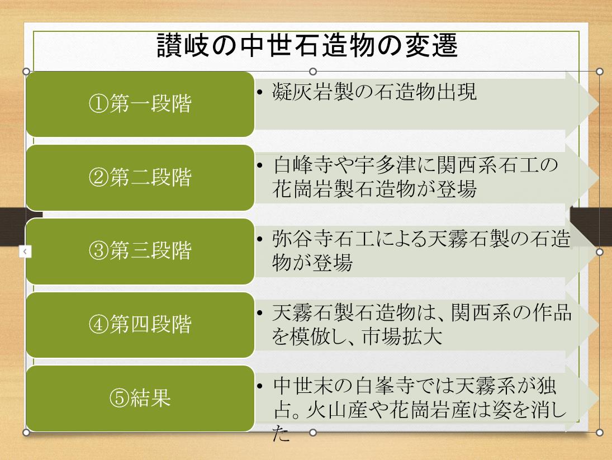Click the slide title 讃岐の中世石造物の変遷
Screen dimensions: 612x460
click(x=307, y=45)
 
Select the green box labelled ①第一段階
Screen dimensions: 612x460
click(x=140, y=104)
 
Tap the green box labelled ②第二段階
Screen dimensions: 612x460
click(x=140, y=178)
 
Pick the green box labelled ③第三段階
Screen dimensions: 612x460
click(x=140, y=251)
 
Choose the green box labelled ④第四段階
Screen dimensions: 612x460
click(x=140, y=325)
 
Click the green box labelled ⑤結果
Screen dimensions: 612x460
click(x=140, y=399)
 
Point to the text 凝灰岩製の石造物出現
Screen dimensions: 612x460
click(x=374, y=92)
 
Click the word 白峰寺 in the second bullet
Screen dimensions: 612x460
click(x=303, y=165)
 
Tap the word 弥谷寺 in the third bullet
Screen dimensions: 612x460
click(x=303, y=239)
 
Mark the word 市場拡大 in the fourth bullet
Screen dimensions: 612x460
click(x=402, y=336)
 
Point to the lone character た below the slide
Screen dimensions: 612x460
click(x=281, y=433)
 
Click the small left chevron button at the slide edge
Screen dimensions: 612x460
click(x=25, y=252)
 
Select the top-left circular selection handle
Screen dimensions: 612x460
click(x=26, y=72)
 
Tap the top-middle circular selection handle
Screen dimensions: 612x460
click(x=312, y=72)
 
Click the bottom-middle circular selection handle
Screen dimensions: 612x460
click(x=312, y=432)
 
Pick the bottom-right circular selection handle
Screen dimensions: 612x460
click(x=600, y=432)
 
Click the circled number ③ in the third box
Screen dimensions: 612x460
click(x=98, y=251)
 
